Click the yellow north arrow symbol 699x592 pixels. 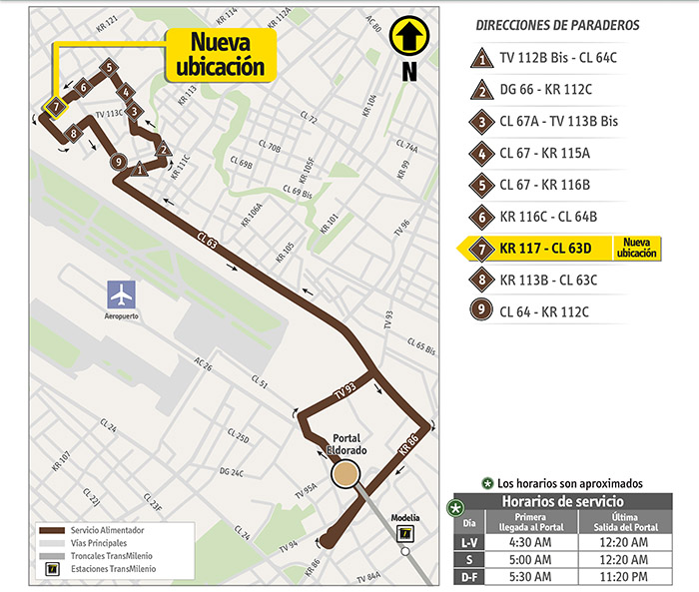click(407, 37)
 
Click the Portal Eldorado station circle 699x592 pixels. click(347, 474)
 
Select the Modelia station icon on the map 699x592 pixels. click(404, 533)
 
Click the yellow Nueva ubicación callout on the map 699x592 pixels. click(220, 54)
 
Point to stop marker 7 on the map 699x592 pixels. click(56, 105)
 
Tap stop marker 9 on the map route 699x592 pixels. click(118, 162)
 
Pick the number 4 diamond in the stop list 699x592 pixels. click(482, 154)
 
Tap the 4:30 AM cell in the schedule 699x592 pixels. click(531, 542)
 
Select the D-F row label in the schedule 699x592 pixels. click(469, 576)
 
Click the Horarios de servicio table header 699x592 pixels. click(563, 501)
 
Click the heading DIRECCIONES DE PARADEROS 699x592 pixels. click(558, 24)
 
